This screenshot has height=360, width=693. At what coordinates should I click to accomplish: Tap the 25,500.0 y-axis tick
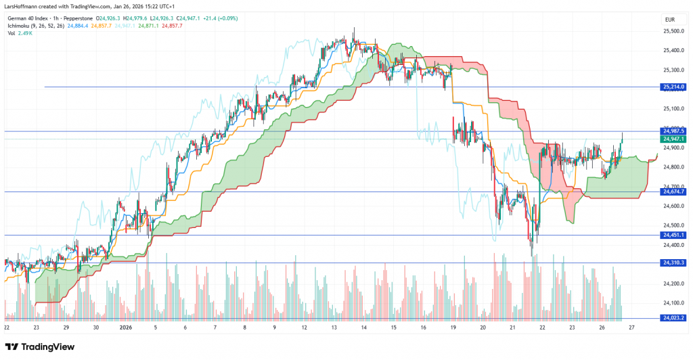672,31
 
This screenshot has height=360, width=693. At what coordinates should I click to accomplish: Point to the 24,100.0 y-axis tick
672,303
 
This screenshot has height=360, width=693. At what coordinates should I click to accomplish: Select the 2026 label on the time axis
126,328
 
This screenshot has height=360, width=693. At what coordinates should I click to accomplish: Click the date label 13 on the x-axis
334,328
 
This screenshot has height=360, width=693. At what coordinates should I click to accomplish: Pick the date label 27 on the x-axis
631,328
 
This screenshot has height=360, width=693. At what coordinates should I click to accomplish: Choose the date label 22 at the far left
6,328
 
